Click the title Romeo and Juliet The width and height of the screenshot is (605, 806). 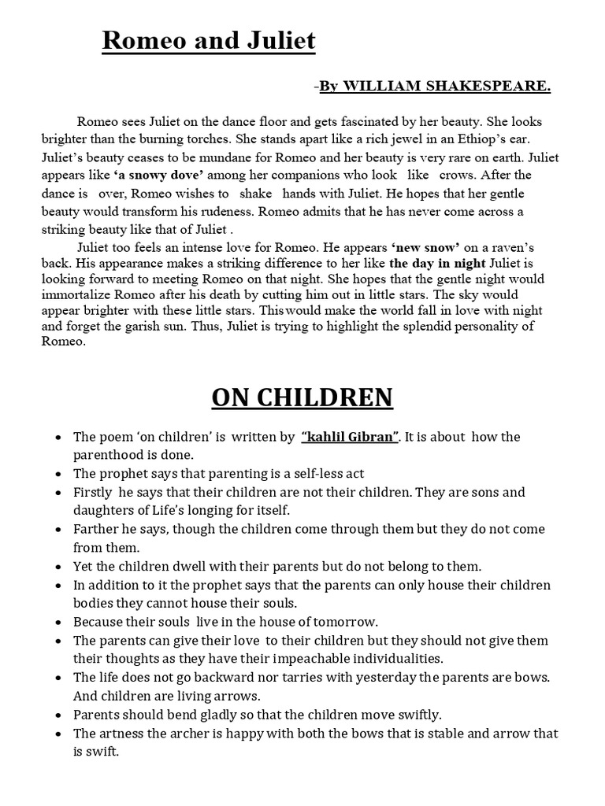tap(208, 40)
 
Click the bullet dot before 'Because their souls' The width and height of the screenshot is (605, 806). tap(60, 621)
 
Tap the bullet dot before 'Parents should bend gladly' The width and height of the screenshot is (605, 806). tap(60, 715)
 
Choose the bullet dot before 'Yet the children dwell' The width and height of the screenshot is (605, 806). tap(60, 566)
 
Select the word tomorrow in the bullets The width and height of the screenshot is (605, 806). tap(344, 621)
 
